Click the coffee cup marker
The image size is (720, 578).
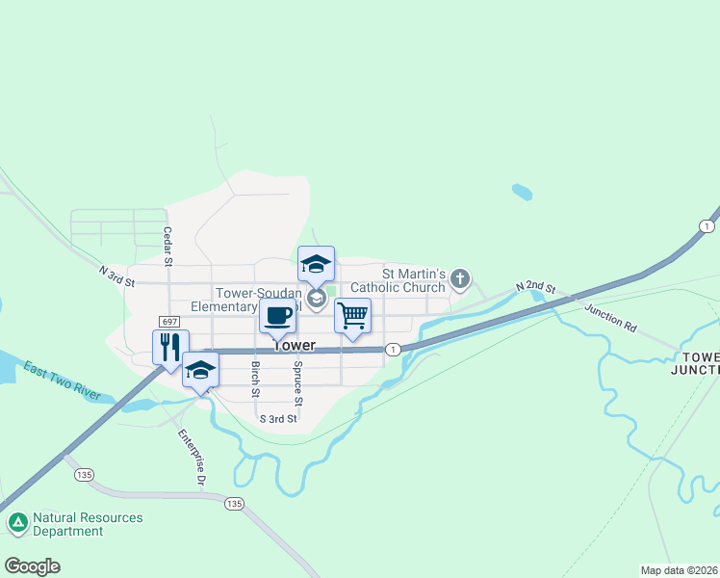tap(276, 315)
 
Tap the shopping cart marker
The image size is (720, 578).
tap(353, 315)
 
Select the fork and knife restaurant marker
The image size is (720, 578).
tap(170, 347)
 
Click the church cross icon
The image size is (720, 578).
tap(460, 280)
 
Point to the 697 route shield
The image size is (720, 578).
tap(170, 321)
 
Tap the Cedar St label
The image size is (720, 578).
tap(167, 246)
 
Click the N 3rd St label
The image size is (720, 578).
tap(116, 276)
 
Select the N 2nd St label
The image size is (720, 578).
tap(536, 287)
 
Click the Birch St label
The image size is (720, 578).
tap(255, 379)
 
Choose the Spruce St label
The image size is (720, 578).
tap(298, 383)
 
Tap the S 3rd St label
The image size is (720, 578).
tap(278, 419)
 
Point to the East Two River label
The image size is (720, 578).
tap(63, 381)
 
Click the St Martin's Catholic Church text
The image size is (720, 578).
tap(399, 280)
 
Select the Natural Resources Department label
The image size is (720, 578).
tap(88, 524)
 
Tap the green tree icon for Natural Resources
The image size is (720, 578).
tap(17, 523)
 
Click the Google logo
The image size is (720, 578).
tap(32, 566)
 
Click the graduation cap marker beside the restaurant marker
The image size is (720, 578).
tap(200, 370)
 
